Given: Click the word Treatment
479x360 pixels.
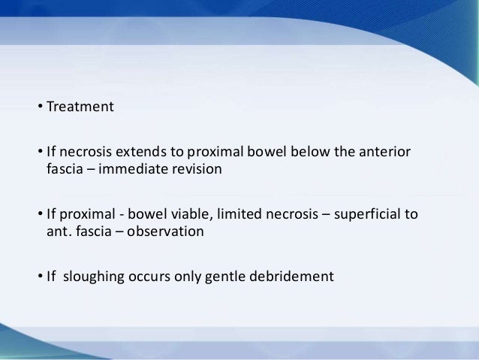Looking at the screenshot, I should tap(80, 106).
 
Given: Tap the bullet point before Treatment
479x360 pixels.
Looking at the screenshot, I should tap(41, 107).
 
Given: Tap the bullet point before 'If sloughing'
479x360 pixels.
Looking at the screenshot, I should tap(41, 278).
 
